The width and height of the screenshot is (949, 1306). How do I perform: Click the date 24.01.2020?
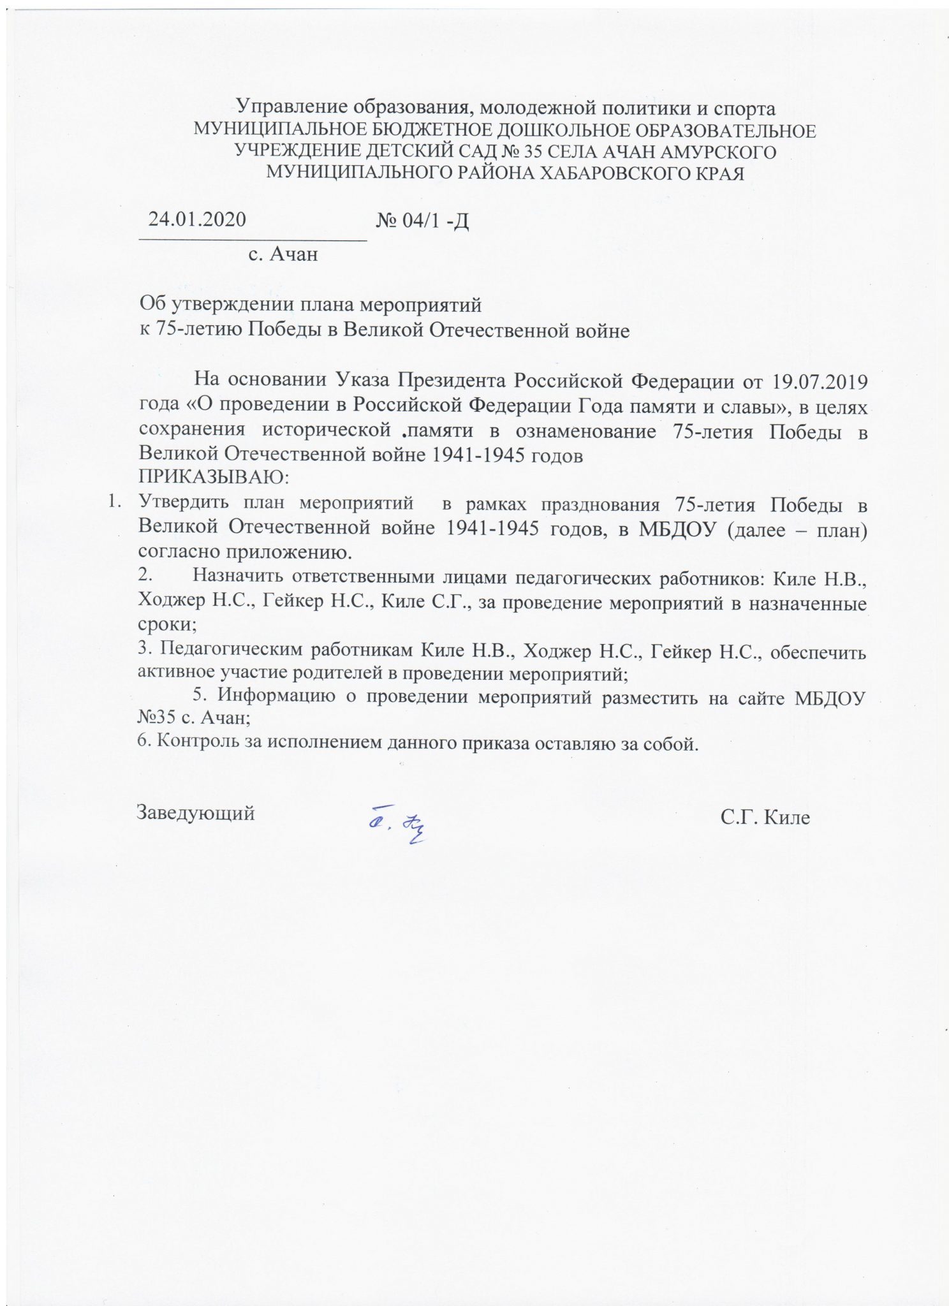click(x=197, y=219)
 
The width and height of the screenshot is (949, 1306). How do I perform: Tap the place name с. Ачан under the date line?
click(x=283, y=254)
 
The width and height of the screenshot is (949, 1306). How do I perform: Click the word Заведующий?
click(x=196, y=813)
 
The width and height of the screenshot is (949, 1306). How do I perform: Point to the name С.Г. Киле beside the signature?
click(x=765, y=817)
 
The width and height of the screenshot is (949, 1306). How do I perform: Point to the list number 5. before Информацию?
click(x=202, y=694)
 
